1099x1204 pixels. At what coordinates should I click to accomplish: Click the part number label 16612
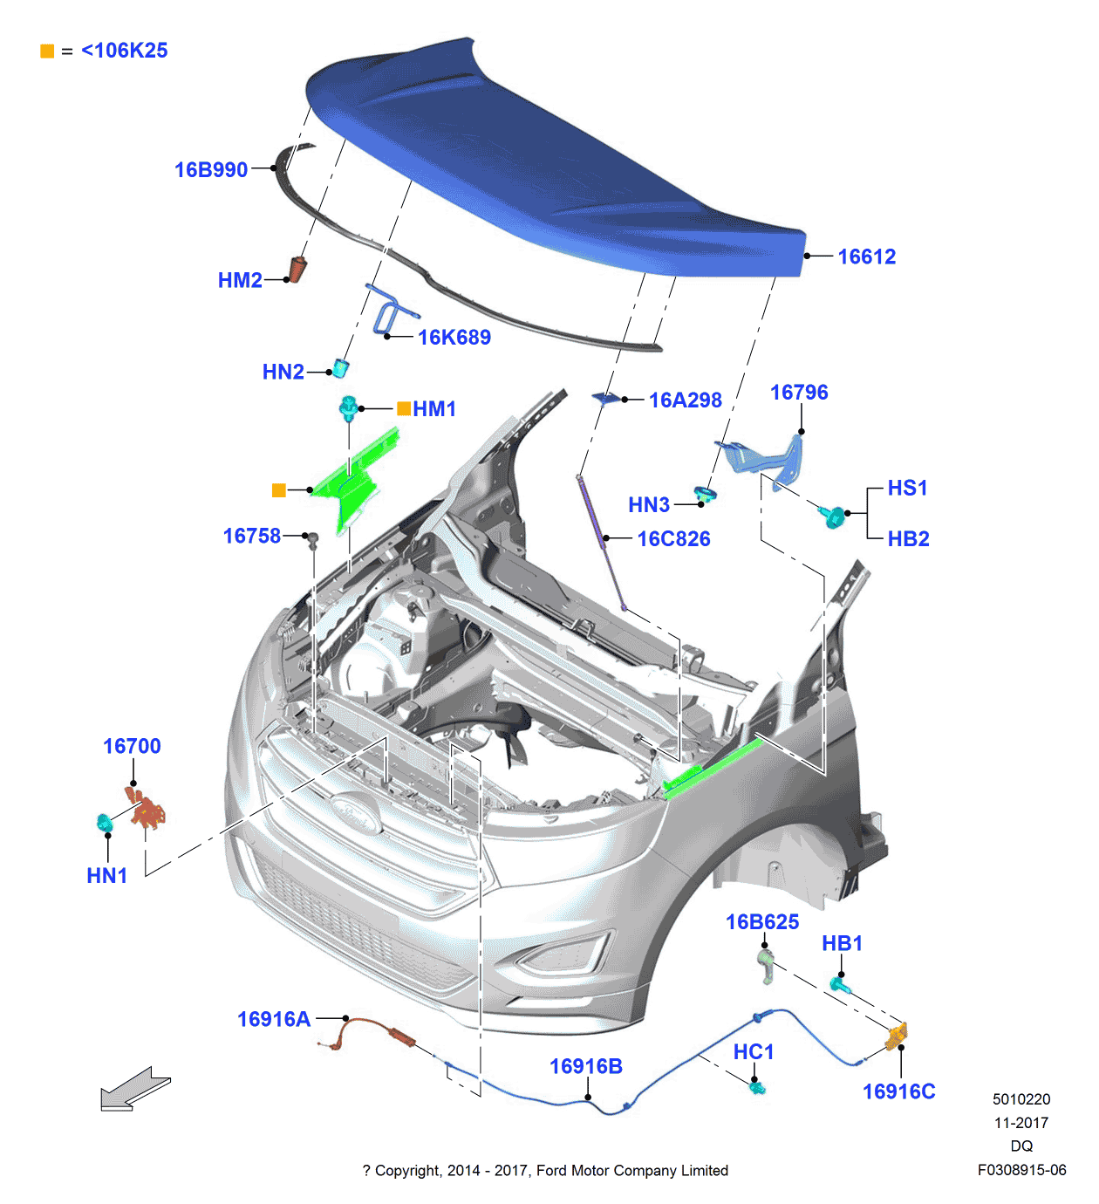(866, 257)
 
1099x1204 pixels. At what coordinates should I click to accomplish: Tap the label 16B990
(211, 170)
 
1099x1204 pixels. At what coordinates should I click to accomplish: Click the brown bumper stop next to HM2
(298, 270)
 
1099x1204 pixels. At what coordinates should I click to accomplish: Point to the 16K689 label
(454, 338)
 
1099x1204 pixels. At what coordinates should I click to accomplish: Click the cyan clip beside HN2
(341, 368)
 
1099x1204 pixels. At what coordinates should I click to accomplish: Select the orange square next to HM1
(404, 408)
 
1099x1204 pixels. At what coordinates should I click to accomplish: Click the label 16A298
(685, 400)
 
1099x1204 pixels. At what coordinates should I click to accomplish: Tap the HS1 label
(907, 489)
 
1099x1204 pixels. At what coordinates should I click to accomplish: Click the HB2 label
(908, 539)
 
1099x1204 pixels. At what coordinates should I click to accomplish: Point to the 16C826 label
(673, 539)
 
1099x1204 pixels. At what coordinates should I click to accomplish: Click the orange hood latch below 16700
(147, 808)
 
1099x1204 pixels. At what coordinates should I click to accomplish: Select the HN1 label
(107, 876)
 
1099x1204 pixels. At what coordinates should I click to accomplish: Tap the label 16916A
(274, 1019)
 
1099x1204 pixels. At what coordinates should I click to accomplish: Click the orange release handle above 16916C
(897, 1036)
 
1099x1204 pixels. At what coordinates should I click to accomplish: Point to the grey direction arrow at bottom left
(134, 1089)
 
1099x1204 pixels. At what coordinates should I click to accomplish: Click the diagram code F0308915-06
(1021, 1171)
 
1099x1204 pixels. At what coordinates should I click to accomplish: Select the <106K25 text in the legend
(124, 51)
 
